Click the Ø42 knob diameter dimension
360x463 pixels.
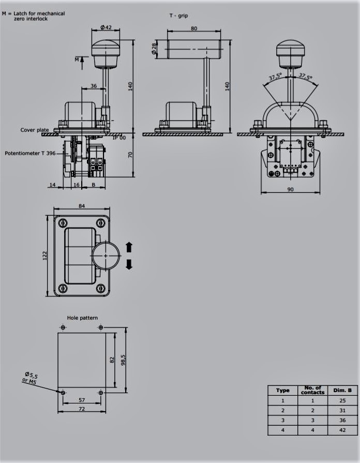point(106,27)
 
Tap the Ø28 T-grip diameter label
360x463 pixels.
point(154,49)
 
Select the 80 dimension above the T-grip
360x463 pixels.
point(194,28)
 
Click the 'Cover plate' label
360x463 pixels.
point(35,130)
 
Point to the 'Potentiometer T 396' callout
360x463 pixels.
point(30,153)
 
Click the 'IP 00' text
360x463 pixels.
point(119,138)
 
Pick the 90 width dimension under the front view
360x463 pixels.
point(290,189)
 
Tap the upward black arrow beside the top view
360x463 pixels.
point(129,247)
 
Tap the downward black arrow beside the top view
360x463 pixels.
point(129,264)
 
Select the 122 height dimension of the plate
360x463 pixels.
point(45,256)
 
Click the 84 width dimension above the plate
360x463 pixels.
point(82,206)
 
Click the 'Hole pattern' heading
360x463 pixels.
point(82,318)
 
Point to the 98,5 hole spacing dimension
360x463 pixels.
point(123,360)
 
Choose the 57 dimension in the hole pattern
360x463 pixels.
point(82,400)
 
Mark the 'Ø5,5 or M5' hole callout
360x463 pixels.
point(30,378)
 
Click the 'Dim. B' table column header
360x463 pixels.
point(342,391)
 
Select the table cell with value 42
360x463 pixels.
point(342,430)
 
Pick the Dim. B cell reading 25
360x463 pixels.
point(342,400)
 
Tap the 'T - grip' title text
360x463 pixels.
point(178,16)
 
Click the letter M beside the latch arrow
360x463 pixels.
point(77,59)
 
